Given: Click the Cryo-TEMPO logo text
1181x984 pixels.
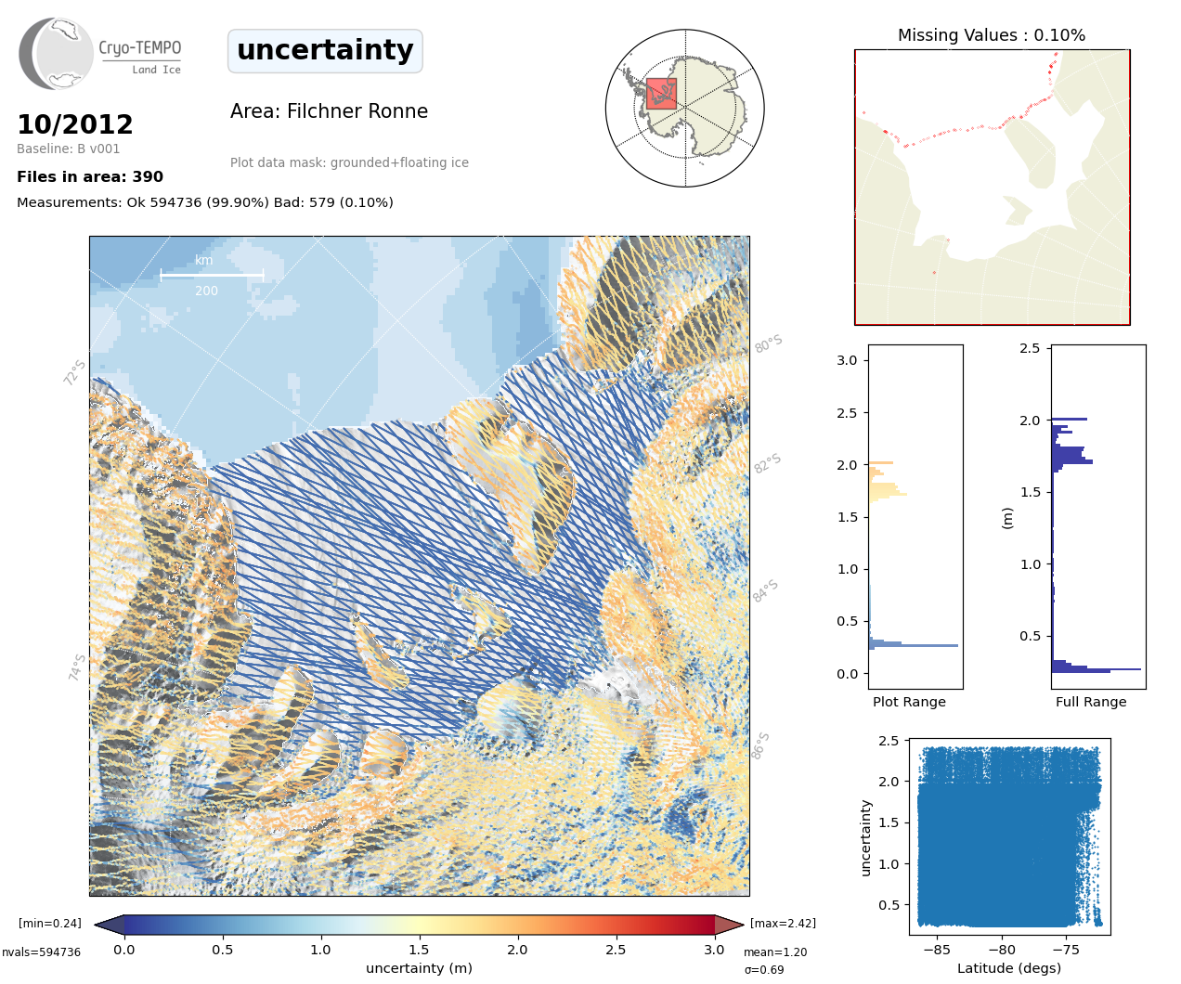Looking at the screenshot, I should click(140, 48).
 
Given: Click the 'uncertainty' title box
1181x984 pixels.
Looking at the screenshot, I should click(325, 50).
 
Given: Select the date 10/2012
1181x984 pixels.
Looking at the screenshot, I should click(75, 124).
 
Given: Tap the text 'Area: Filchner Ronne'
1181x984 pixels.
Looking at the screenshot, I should click(329, 111).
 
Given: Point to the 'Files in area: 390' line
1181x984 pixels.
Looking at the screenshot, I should click(90, 176).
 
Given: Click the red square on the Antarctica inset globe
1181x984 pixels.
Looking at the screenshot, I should click(661, 94).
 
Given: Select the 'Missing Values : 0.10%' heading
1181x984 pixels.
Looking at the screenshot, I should click(991, 35).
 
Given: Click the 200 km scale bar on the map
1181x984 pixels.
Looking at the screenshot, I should click(212, 275).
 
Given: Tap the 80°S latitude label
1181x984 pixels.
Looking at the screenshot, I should click(769, 343).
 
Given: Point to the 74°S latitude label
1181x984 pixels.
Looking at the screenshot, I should click(77, 667).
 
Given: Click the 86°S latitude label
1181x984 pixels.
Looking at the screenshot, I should click(760, 745).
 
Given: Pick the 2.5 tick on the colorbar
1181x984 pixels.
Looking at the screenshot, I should click(616, 950).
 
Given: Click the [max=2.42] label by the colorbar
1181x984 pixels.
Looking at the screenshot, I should click(783, 923).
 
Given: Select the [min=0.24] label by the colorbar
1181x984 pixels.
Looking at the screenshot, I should click(49, 923).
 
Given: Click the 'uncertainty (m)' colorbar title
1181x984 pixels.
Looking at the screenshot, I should click(419, 968).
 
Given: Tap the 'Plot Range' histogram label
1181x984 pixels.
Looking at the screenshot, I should click(909, 702).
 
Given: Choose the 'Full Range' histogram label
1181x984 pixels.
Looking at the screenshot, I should click(1091, 702).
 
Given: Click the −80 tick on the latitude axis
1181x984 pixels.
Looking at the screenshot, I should click(1002, 950).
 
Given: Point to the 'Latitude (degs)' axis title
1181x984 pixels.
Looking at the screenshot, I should click(1009, 968).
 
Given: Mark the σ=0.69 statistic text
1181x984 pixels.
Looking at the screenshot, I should click(764, 970).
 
